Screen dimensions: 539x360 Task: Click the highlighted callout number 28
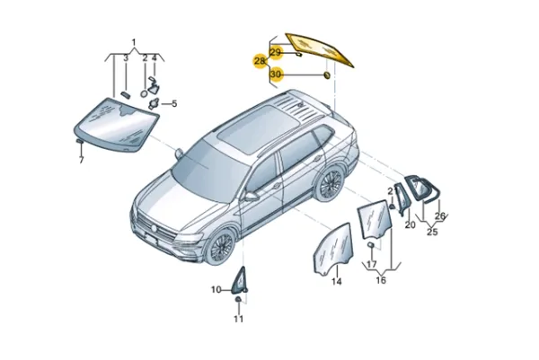(x=260, y=61)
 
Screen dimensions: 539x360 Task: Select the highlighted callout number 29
(x=276, y=52)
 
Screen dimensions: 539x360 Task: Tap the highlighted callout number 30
(x=276, y=75)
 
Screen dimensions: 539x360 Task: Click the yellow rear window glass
(x=320, y=49)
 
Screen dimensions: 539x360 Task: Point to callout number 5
(x=174, y=103)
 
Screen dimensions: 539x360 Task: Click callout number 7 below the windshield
(x=81, y=160)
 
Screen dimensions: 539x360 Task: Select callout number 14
(x=337, y=281)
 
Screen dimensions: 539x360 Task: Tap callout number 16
(x=381, y=280)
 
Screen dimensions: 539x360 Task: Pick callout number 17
(x=372, y=265)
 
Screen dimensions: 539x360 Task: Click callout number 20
(x=411, y=224)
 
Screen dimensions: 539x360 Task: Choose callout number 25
(x=432, y=232)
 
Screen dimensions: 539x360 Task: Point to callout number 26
(x=440, y=216)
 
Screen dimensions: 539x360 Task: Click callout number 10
(x=216, y=290)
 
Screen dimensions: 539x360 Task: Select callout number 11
(x=238, y=319)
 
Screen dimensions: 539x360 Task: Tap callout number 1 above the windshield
(x=134, y=42)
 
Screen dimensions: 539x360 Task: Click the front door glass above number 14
(x=333, y=249)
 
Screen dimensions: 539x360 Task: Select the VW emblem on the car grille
(x=154, y=228)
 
